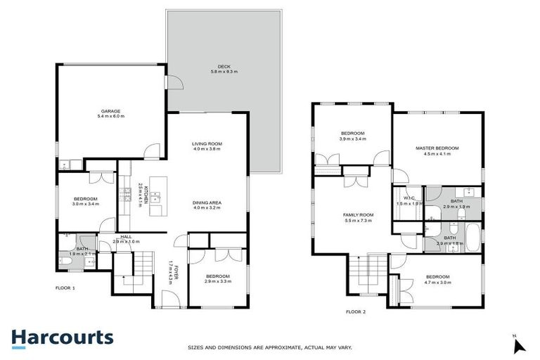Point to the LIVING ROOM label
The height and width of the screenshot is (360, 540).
[207, 145]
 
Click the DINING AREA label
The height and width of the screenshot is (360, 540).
[207, 204]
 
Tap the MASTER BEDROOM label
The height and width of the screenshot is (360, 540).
[437, 148]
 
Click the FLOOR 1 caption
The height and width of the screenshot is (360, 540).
[65, 288]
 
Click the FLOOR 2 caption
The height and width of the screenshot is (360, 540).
[356, 311]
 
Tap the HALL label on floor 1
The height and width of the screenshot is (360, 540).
[126, 237]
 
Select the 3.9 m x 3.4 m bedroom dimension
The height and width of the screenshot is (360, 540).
[352, 139]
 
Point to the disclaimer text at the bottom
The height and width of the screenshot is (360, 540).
[270, 347]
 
